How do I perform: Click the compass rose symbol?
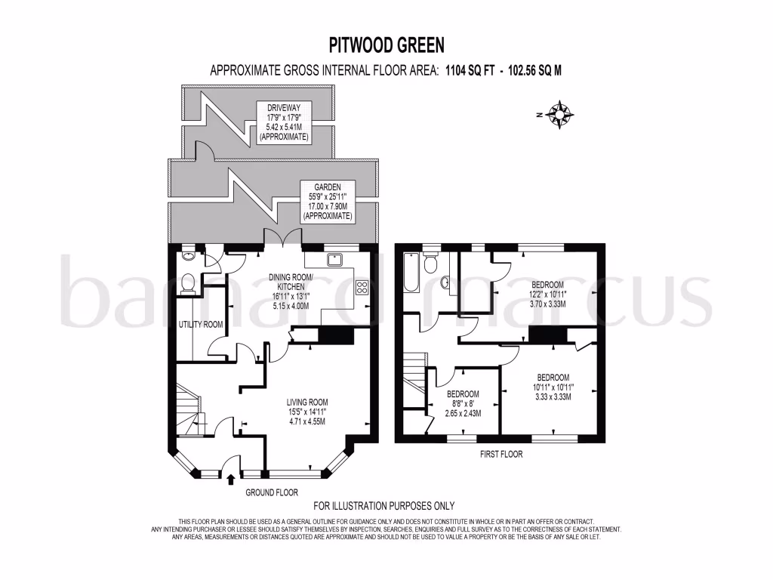click(559, 114)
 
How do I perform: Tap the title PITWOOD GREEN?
click(386, 45)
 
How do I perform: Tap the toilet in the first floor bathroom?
click(431, 263)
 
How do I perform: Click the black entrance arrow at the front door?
click(231, 478)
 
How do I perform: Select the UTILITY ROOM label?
click(200, 324)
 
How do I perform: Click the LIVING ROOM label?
click(306, 402)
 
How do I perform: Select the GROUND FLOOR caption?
click(273, 492)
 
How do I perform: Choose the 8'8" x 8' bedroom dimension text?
click(463, 404)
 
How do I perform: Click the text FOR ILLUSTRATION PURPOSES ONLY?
click(384, 506)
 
